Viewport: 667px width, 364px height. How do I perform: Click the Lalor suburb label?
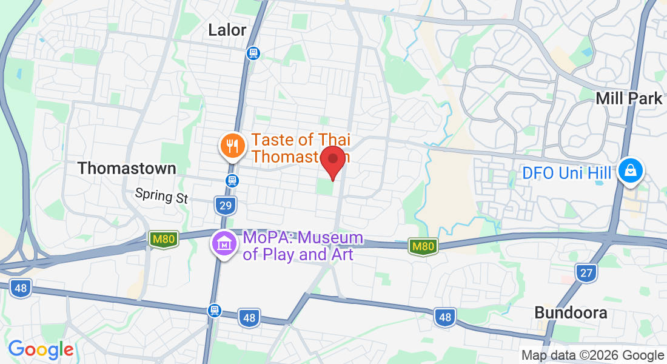227,30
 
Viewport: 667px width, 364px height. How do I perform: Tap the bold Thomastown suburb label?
127,168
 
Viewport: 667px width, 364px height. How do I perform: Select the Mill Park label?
629,98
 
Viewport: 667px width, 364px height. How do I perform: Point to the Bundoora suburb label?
571,312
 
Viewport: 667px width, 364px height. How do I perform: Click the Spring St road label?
162,195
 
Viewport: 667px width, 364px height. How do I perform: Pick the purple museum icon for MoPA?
223,244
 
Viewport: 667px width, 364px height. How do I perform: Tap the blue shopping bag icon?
631,171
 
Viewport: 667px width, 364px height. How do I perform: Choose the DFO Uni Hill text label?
567,174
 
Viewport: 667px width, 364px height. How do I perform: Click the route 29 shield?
225,206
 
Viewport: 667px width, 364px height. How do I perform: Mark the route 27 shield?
586,273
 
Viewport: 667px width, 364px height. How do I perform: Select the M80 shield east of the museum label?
423,246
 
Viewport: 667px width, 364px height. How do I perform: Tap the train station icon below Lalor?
253,53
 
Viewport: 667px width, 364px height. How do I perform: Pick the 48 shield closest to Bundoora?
444,317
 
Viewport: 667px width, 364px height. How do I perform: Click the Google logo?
41,349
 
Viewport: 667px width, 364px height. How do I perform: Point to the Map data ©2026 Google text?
593,356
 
